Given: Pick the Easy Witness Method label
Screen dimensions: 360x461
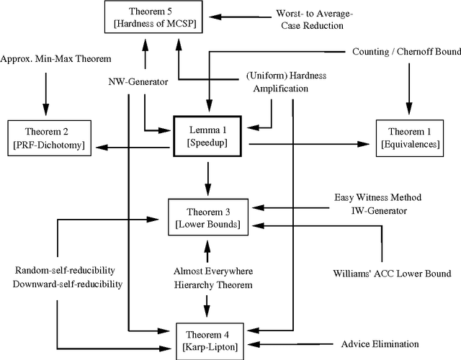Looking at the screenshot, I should click(378, 197).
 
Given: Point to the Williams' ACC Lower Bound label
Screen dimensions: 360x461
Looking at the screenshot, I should click(393, 274).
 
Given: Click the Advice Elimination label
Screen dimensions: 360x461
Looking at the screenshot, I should click(379, 343).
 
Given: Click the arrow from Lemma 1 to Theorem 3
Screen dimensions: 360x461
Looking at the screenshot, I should click(208, 179).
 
